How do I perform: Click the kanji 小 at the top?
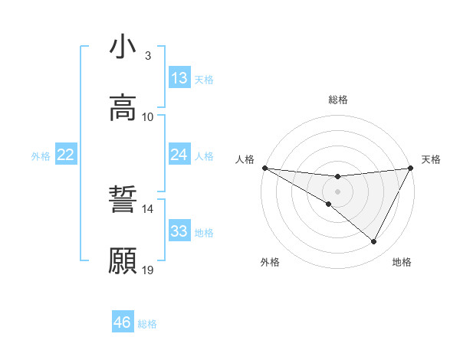(x=123, y=47)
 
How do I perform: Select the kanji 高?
(x=123, y=107)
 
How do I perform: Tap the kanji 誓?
(x=123, y=201)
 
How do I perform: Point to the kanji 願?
(x=123, y=260)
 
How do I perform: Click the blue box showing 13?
(x=179, y=78)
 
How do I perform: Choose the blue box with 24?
(x=179, y=155)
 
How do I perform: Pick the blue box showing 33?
(x=179, y=231)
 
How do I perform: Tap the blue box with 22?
(x=66, y=155)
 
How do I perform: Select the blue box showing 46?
(x=123, y=322)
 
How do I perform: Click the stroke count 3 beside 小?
(x=148, y=56)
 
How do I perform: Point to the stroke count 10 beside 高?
(x=148, y=116)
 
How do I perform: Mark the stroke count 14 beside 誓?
(x=148, y=209)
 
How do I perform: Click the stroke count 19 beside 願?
(x=148, y=270)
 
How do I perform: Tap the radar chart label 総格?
(x=338, y=100)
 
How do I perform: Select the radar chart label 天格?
(x=431, y=159)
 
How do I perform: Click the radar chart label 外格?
(x=270, y=262)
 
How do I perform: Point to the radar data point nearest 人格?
(x=264, y=168)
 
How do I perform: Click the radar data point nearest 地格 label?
(x=374, y=242)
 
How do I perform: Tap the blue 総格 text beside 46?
(x=147, y=323)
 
